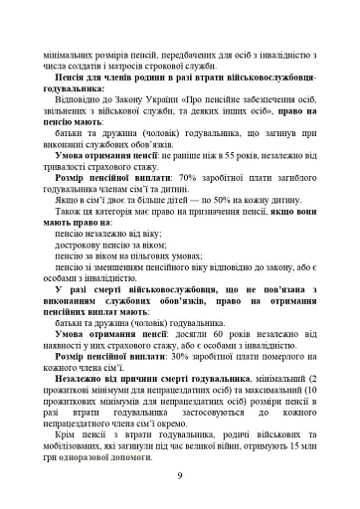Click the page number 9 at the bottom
pyautogui.click(x=179, y=476)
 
